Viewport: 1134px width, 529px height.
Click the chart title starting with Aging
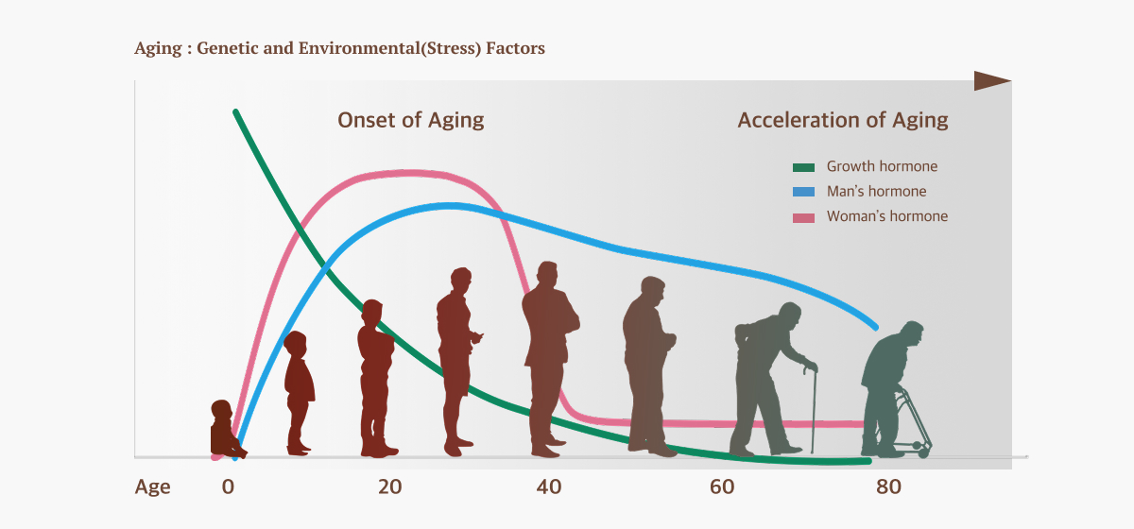coord(339,48)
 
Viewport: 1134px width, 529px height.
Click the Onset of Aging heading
coord(410,120)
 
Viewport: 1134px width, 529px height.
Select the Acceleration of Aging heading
coord(842,120)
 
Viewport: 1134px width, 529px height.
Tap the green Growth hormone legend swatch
coord(803,167)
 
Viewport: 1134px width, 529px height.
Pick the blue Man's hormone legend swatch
coord(803,193)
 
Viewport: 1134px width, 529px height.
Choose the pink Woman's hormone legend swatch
coord(803,217)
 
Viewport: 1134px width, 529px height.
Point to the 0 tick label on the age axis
coord(228,487)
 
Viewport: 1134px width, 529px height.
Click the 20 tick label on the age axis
coord(389,487)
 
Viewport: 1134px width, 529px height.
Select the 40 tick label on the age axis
coord(549,487)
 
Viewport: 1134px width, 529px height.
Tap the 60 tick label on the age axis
coord(722,487)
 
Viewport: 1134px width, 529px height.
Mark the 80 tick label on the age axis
coord(888,487)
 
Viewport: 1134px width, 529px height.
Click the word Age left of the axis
coord(152,487)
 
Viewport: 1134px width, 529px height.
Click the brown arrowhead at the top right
coord(992,81)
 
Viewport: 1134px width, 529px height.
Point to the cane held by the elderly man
coord(812,406)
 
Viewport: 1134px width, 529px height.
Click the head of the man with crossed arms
coord(546,275)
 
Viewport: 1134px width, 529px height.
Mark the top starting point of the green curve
coord(235,111)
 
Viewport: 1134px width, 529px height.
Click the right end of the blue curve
coord(876,327)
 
